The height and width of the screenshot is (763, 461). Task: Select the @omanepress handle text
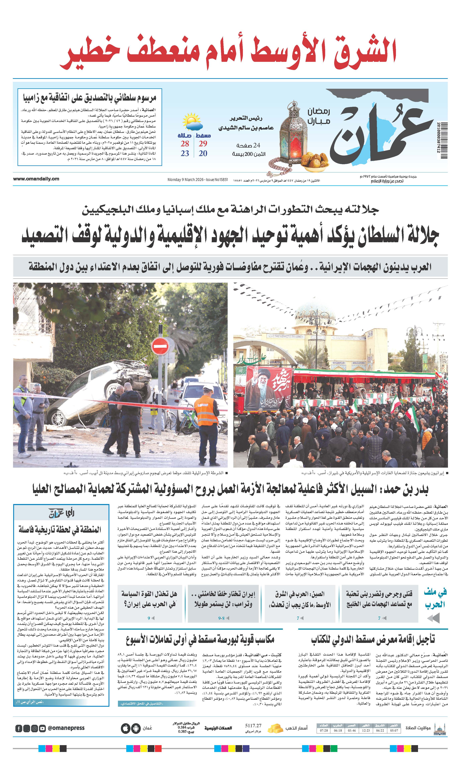point(66,728)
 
